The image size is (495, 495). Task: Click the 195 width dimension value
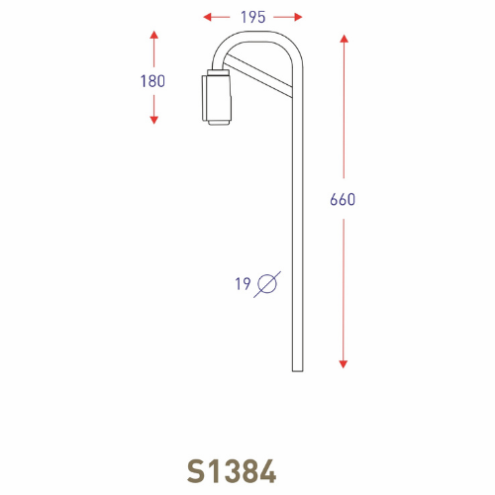[252, 17]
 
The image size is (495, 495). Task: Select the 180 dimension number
[153, 81]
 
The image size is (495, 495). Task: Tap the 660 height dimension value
[343, 200]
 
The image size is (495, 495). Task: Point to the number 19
[243, 284]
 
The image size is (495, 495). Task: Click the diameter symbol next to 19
[267, 284]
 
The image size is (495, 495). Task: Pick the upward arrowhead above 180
[153, 37]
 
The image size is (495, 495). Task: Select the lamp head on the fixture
[216, 100]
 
